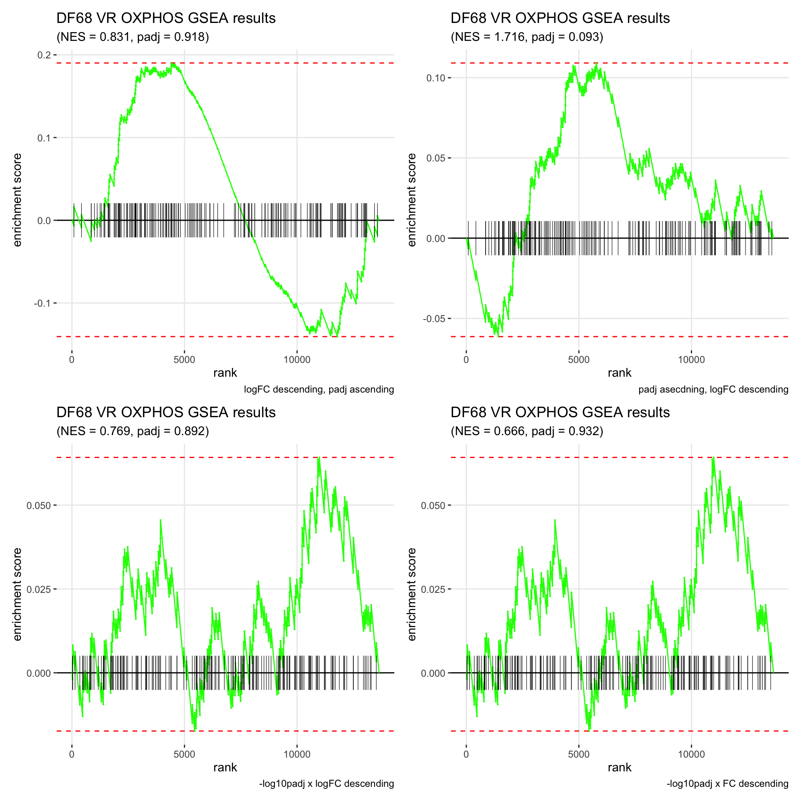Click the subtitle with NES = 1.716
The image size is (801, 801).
point(527,37)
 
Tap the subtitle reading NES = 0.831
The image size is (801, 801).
point(133,37)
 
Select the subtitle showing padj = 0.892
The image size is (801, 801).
point(133,431)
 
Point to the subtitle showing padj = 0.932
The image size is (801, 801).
point(527,431)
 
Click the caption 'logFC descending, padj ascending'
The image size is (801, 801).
point(319,390)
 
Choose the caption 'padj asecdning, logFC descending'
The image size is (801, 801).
point(713,390)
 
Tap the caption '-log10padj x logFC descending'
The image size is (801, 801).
point(326,784)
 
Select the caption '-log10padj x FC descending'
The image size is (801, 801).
point(727,784)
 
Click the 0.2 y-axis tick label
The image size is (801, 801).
point(44,55)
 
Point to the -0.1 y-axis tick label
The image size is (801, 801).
point(42,303)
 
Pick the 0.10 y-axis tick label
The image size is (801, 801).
point(436,78)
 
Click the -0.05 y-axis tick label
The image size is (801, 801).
point(434,319)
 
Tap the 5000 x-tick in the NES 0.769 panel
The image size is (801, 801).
point(184,754)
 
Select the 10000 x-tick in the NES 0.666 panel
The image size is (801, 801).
point(691,754)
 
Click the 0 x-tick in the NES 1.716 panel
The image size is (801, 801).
point(466,360)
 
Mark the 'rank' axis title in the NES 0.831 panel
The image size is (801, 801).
point(225,373)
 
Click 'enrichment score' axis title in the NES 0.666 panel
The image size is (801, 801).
point(412,594)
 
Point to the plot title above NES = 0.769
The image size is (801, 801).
point(166,412)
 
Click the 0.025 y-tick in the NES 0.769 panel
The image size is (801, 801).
point(39,589)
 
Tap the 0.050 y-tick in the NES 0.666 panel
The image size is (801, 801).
point(433,506)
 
